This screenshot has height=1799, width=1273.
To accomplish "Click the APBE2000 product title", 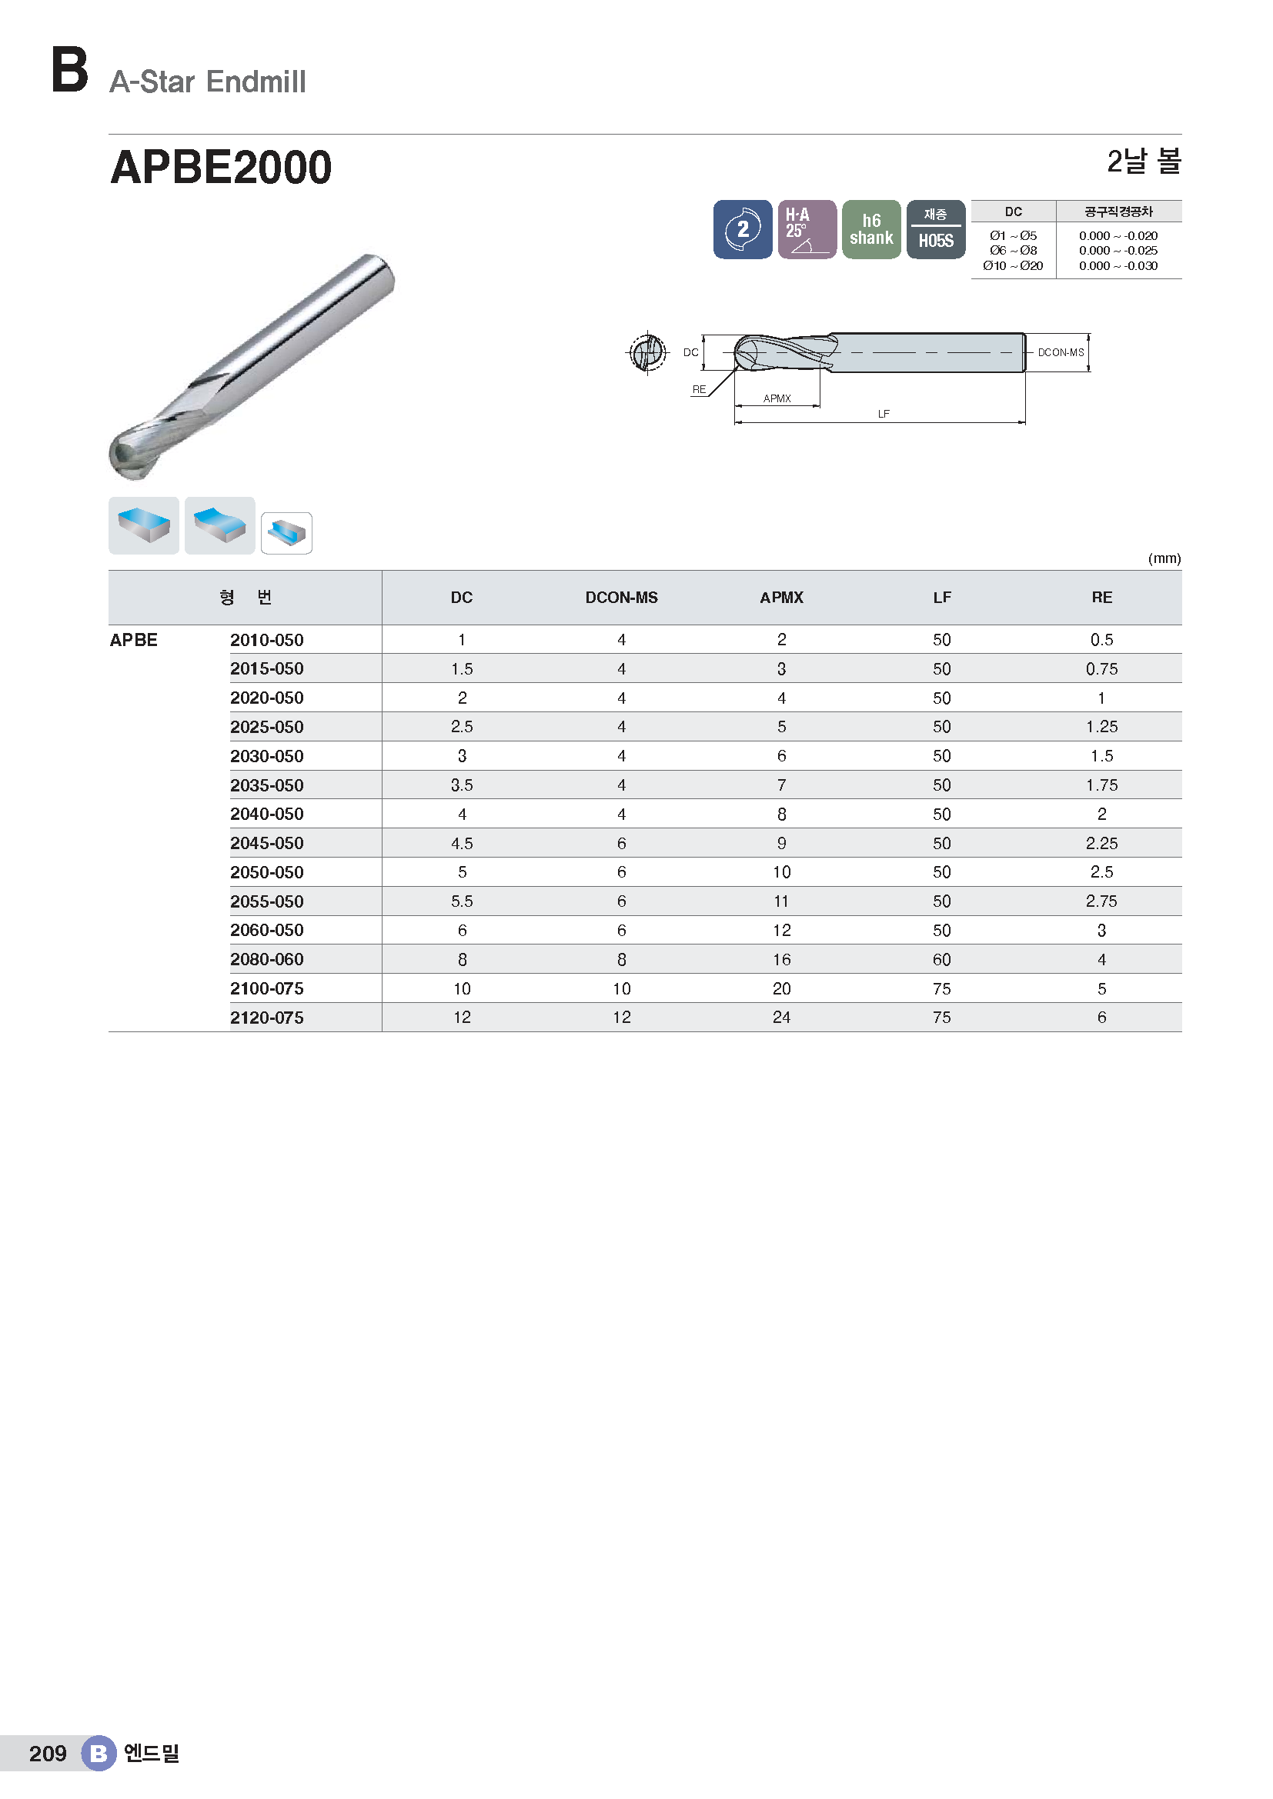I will tap(221, 168).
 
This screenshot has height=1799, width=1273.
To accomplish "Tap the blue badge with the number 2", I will tap(742, 229).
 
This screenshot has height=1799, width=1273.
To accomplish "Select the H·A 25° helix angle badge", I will tap(807, 229).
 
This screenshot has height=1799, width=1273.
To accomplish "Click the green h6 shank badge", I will tap(871, 229).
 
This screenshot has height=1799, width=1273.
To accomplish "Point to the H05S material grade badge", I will tap(936, 229).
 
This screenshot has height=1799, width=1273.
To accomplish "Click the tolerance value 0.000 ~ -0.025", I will tap(1118, 251).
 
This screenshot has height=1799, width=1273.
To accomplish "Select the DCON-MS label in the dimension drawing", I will tap(1061, 352).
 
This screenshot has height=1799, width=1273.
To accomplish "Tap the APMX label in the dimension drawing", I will tap(777, 399).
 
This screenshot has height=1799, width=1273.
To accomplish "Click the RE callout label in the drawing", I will tap(698, 389).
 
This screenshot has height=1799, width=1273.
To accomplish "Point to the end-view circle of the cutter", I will tap(647, 352).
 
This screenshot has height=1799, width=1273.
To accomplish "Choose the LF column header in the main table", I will tap(941, 598).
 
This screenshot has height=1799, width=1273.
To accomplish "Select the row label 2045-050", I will tap(266, 843).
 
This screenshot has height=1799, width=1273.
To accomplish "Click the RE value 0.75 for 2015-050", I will tap(1101, 669).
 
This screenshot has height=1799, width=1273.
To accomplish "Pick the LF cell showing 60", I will tap(941, 960).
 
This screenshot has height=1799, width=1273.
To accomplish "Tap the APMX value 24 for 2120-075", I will tap(781, 1018).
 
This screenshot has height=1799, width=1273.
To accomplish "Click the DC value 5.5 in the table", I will tap(462, 902).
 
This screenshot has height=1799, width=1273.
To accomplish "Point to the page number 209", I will tap(48, 1754).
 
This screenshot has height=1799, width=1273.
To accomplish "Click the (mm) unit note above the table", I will tap(1164, 558).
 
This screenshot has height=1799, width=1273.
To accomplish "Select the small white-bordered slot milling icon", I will tap(286, 533).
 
